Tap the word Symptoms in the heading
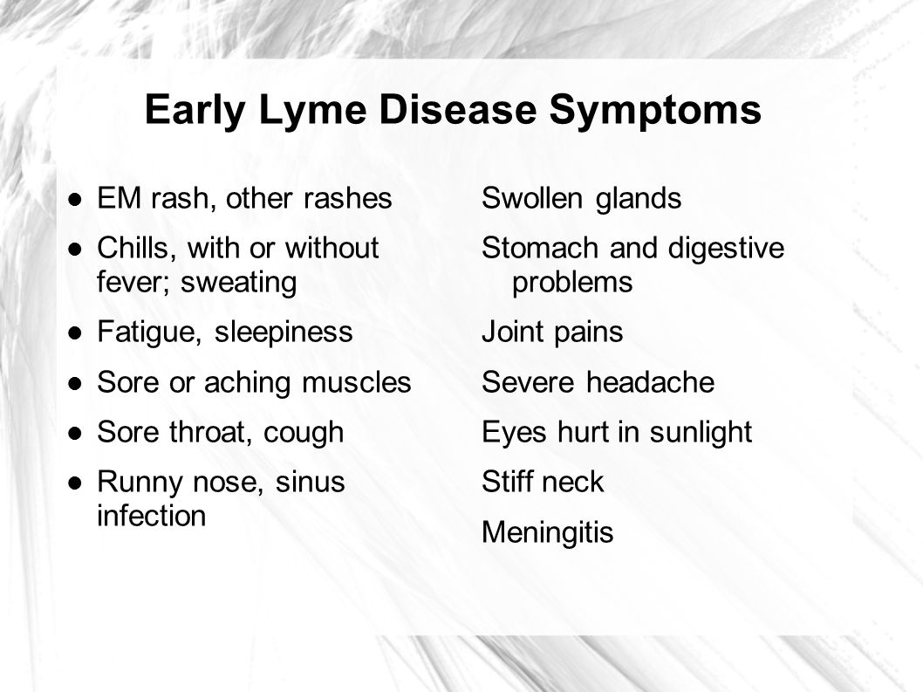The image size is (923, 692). pyautogui.click(x=655, y=111)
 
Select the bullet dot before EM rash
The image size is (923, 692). pyautogui.click(x=75, y=199)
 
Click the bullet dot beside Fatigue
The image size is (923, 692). pyautogui.click(x=75, y=332)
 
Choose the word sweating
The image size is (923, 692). pyautogui.click(x=238, y=283)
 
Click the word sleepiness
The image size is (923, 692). pyautogui.click(x=284, y=332)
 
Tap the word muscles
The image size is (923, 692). pyautogui.click(x=356, y=381)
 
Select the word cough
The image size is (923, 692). pyautogui.click(x=303, y=433)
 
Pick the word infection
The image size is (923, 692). pyautogui.click(x=151, y=516)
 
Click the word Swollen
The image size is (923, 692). pyautogui.click(x=532, y=198)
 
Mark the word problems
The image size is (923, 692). pyautogui.click(x=572, y=283)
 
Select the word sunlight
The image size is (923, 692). pyautogui.click(x=701, y=433)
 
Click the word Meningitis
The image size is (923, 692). pyautogui.click(x=548, y=531)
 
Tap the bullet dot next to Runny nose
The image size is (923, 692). pyautogui.click(x=75, y=483)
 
